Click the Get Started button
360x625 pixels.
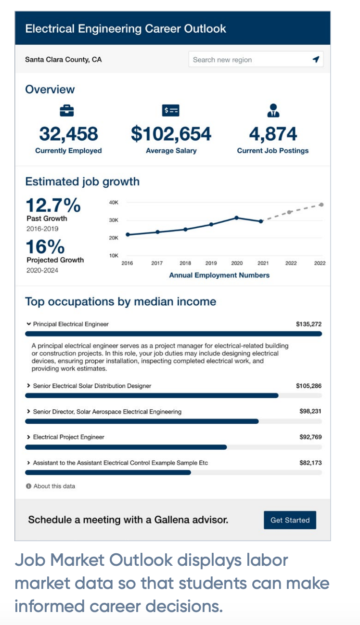[x=290, y=520]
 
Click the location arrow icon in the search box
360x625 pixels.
[x=316, y=59]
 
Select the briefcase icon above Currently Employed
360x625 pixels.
[x=67, y=111]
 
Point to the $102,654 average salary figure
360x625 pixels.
[x=171, y=134]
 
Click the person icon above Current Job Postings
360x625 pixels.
[x=273, y=111]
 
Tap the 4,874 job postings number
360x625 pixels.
[x=273, y=134]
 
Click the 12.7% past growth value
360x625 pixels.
[x=53, y=205]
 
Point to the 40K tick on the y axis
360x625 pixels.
[x=114, y=203]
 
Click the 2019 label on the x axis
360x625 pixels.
[x=211, y=263]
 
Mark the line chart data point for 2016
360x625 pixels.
[x=128, y=234]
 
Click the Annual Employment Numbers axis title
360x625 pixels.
[x=219, y=275]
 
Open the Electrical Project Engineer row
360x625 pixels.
[x=68, y=437]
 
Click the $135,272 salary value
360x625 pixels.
[x=309, y=324]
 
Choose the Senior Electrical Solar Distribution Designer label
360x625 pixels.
[x=92, y=386]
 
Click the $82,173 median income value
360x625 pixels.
[x=310, y=463]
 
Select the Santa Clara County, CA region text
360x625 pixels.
[x=64, y=60]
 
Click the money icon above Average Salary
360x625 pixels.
[x=171, y=111]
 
